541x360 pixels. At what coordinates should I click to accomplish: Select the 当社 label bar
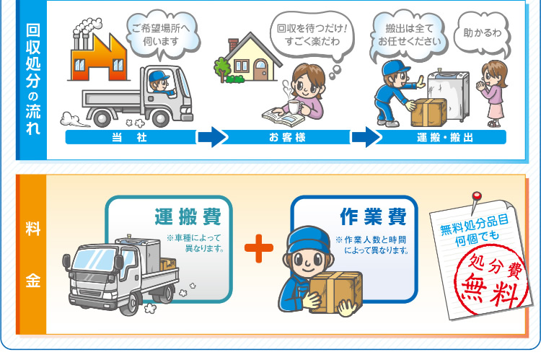point(130,137)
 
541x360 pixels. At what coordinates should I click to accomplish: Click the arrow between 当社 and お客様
point(211,137)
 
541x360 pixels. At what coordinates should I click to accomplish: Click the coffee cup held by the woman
point(294,107)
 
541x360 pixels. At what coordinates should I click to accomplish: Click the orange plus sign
point(259,249)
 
